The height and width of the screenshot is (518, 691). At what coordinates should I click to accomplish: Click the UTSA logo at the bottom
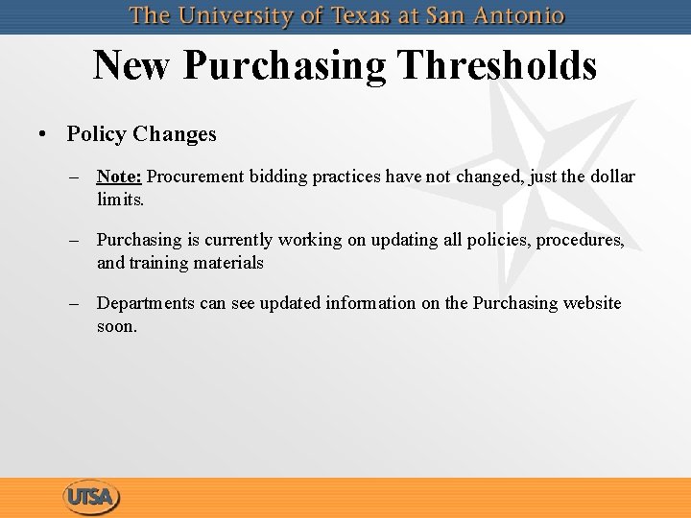pyautogui.click(x=91, y=497)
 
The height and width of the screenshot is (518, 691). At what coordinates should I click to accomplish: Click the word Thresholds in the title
pyautogui.click(x=496, y=65)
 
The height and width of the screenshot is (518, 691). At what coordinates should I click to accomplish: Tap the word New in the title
pyautogui.click(x=132, y=65)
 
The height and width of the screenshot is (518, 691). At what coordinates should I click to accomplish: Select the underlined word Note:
pyautogui.click(x=119, y=177)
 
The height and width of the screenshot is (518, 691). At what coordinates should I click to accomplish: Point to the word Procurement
pyautogui.click(x=195, y=177)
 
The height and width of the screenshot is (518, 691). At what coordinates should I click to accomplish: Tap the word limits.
pyautogui.click(x=120, y=200)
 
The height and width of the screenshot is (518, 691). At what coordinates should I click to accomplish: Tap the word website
pyautogui.click(x=592, y=303)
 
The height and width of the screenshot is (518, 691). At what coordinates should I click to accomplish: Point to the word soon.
pyautogui.click(x=117, y=326)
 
